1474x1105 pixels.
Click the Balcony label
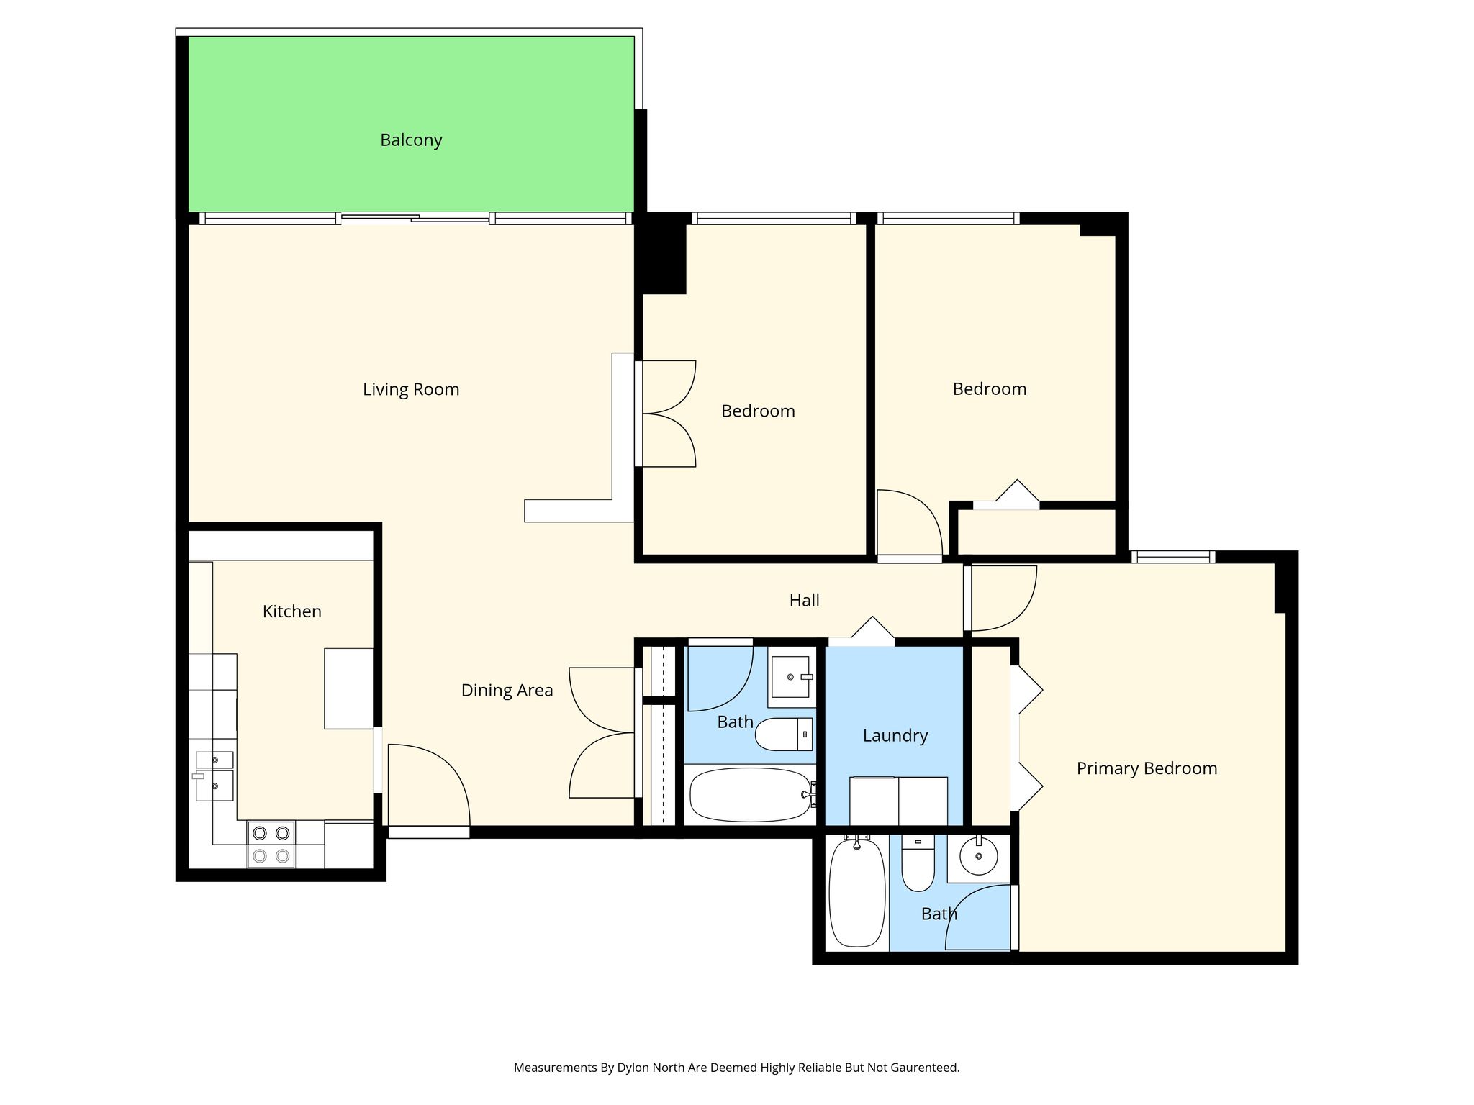pyautogui.click(x=411, y=140)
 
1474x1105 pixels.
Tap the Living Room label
pyautogui.click(x=411, y=390)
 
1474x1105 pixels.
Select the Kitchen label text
pyautogui.click(x=291, y=611)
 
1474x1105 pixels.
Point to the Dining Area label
pyautogui.click(x=507, y=691)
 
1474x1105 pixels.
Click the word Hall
pyautogui.click(x=804, y=601)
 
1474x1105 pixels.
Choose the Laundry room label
pyautogui.click(x=895, y=736)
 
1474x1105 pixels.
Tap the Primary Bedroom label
pyautogui.click(x=1147, y=769)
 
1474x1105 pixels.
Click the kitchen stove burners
pyautogui.click(x=271, y=845)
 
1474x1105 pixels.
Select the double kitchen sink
pyautogui.click(x=214, y=776)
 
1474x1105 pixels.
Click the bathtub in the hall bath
pyautogui.click(x=751, y=795)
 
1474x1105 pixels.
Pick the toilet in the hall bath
pyautogui.click(x=784, y=734)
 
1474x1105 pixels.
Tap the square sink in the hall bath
pyautogui.click(x=792, y=677)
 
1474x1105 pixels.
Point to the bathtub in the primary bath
pyautogui.click(x=856, y=893)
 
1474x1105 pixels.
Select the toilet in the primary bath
pyautogui.click(x=918, y=863)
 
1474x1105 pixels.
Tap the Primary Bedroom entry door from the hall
pyautogui.click(x=1000, y=598)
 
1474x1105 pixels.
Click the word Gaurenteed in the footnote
pyautogui.click(x=924, y=1068)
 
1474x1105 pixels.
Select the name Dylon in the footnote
pyautogui.click(x=633, y=1068)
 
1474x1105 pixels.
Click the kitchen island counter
pyautogui.click(x=348, y=688)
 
